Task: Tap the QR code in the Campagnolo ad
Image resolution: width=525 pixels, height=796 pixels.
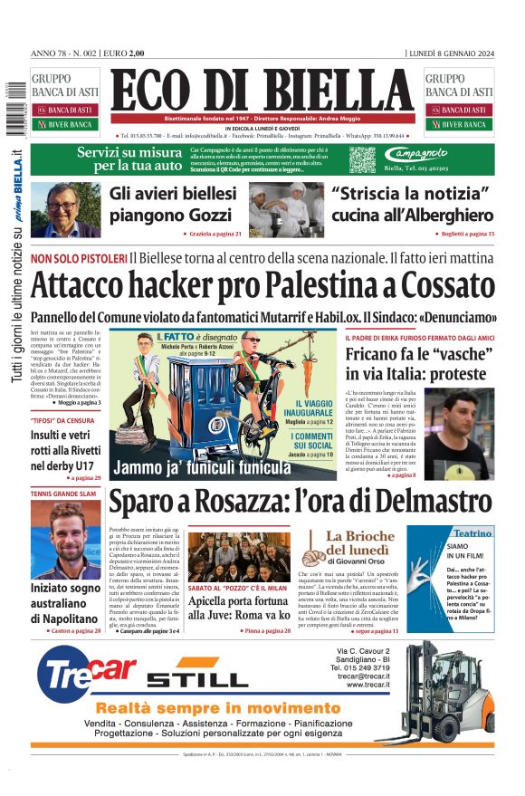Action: (x=362, y=159)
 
